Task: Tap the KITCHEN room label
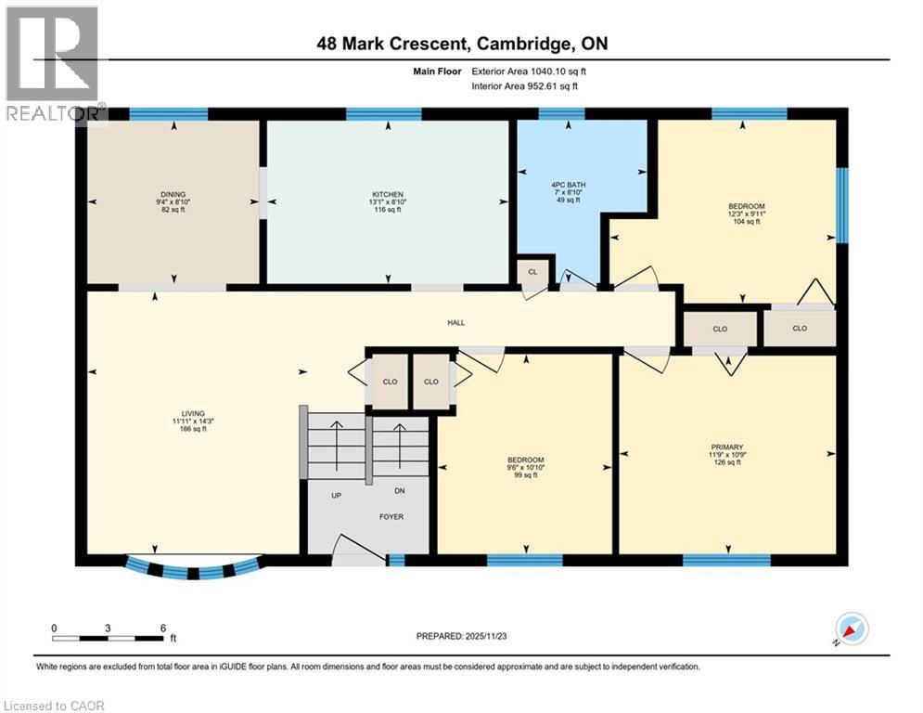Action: pyautogui.click(x=387, y=195)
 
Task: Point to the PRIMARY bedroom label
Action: pyautogui.click(x=725, y=447)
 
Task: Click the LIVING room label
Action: pyautogui.click(x=193, y=414)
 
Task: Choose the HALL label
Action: pyautogui.click(x=455, y=323)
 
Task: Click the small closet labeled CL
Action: pyautogui.click(x=532, y=272)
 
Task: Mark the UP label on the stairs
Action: pyautogui.click(x=337, y=496)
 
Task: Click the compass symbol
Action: pyautogui.click(x=852, y=629)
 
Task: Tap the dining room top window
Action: pyautogui.click(x=168, y=115)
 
